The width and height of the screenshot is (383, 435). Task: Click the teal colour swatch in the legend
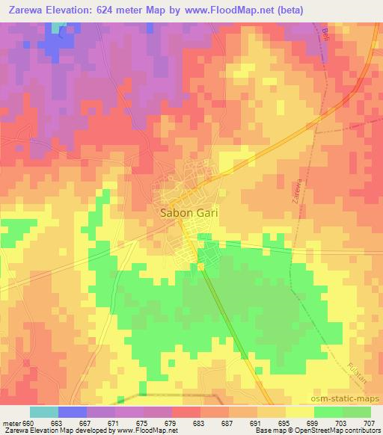click(43, 412)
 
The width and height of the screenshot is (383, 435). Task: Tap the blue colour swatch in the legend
click(73, 412)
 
